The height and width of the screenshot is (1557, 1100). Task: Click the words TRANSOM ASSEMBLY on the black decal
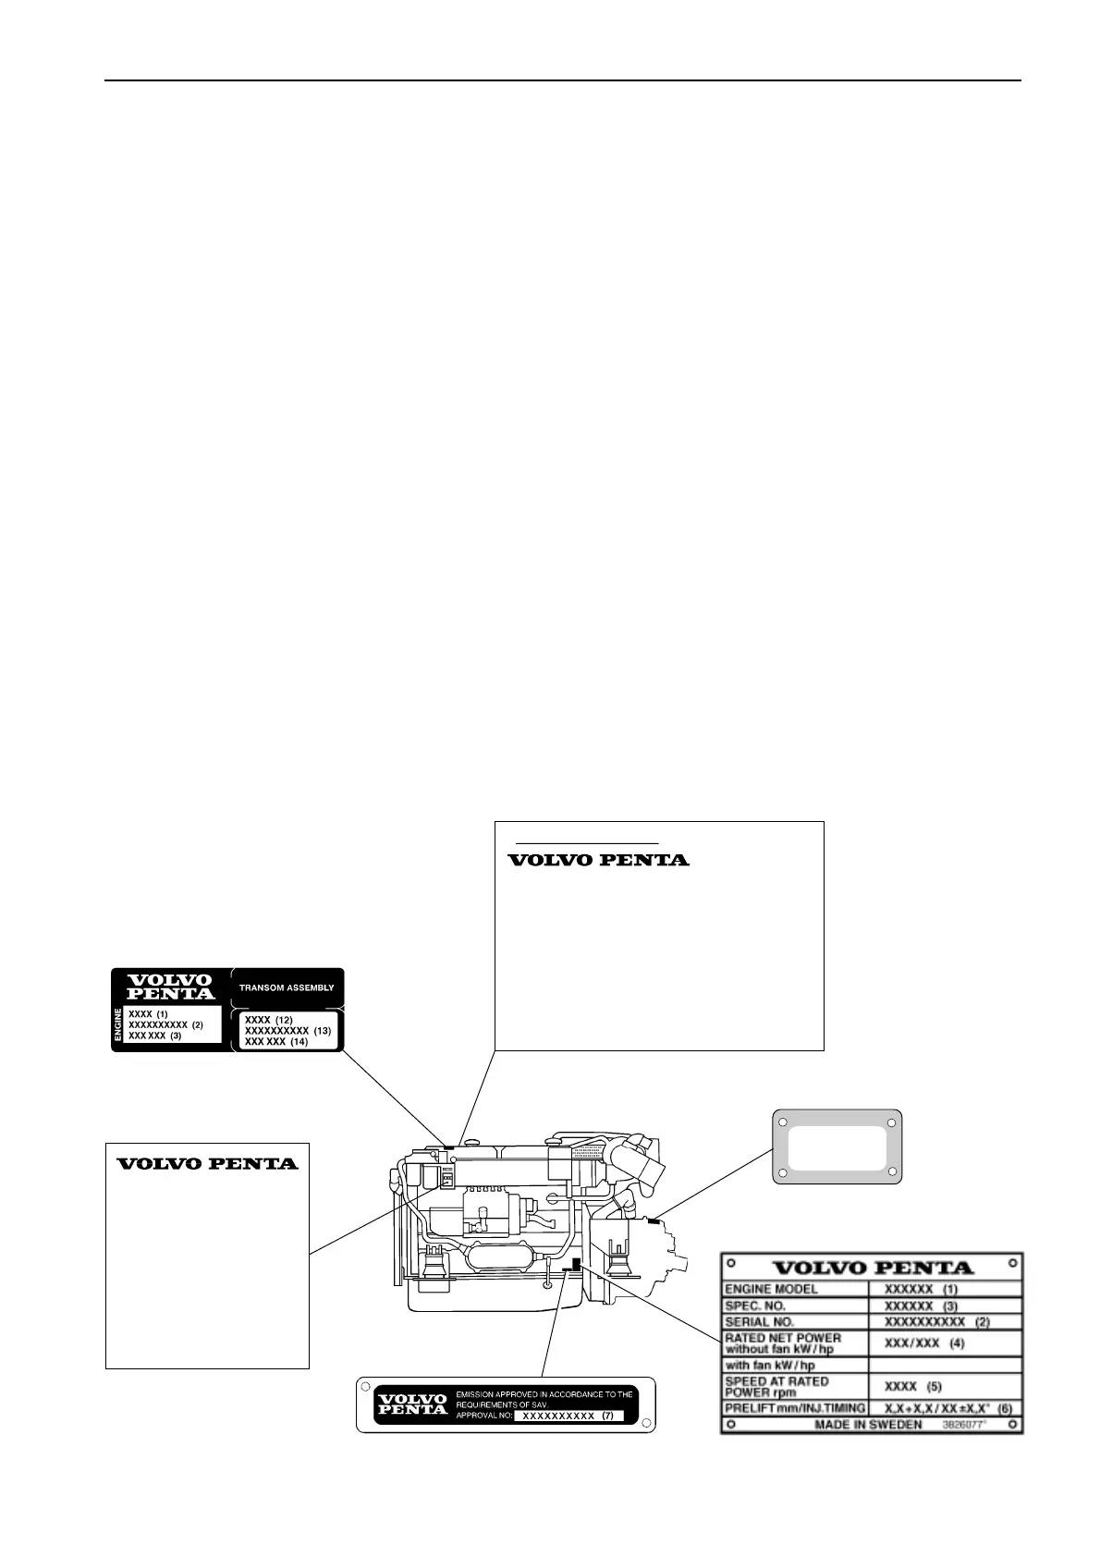[x=287, y=987]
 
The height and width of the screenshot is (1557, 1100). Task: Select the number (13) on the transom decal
[x=322, y=1030]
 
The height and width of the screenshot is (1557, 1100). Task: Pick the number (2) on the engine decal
[x=197, y=1024]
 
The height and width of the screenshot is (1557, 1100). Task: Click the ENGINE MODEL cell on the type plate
[x=771, y=1289]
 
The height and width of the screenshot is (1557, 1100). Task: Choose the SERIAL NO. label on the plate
[x=759, y=1322]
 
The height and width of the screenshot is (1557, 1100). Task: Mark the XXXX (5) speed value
[x=912, y=1387]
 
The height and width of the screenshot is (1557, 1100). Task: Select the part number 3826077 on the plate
[x=963, y=1425]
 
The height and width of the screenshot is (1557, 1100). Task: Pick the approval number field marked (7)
[x=568, y=1416]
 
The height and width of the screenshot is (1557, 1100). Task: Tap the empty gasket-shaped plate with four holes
[x=837, y=1147]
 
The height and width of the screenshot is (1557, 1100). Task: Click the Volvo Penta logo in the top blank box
[x=598, y=860]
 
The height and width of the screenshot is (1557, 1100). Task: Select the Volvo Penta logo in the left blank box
[x=207, y=1163]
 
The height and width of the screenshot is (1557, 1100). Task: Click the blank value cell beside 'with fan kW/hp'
[x=945, y=1365]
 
